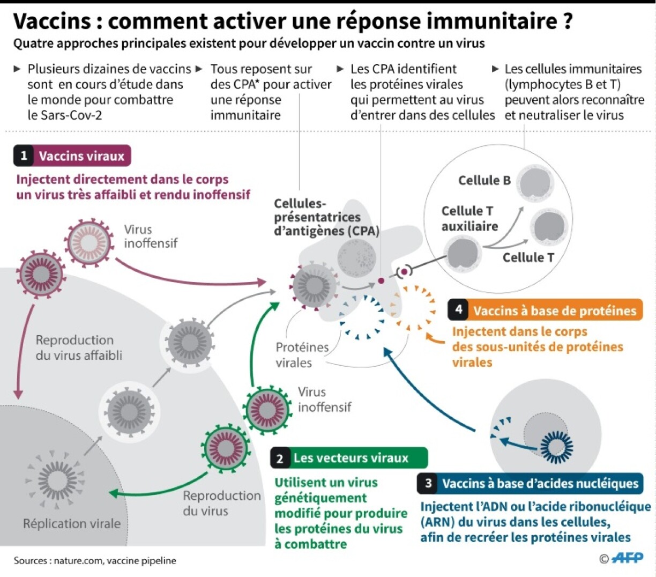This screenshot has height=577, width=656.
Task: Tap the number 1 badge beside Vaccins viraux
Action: coord(24,156)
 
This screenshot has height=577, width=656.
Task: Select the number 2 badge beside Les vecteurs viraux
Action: coord(280,458)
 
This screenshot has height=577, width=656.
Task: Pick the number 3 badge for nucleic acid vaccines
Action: coord(428,484)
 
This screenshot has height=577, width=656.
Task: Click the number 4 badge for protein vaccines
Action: coord(459,310)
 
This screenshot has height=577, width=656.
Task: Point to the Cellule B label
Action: coord(484,181)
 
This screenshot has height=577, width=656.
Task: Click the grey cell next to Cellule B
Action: coord(534,184)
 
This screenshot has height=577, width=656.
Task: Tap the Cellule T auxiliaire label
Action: coord(469,219)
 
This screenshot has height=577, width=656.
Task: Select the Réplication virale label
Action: coord(72,524)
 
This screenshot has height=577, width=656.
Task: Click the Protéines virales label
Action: coord(302,355)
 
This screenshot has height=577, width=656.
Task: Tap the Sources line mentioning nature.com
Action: coord(95,561)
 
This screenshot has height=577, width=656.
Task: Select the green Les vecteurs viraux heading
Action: coord(351,458)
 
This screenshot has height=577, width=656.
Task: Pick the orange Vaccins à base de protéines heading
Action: coord(554,310)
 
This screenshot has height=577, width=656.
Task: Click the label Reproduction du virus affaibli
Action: coord(79,347)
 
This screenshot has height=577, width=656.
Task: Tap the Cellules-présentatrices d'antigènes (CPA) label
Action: coord(326,217)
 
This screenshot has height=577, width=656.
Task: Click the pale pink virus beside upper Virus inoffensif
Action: coord(90,242)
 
